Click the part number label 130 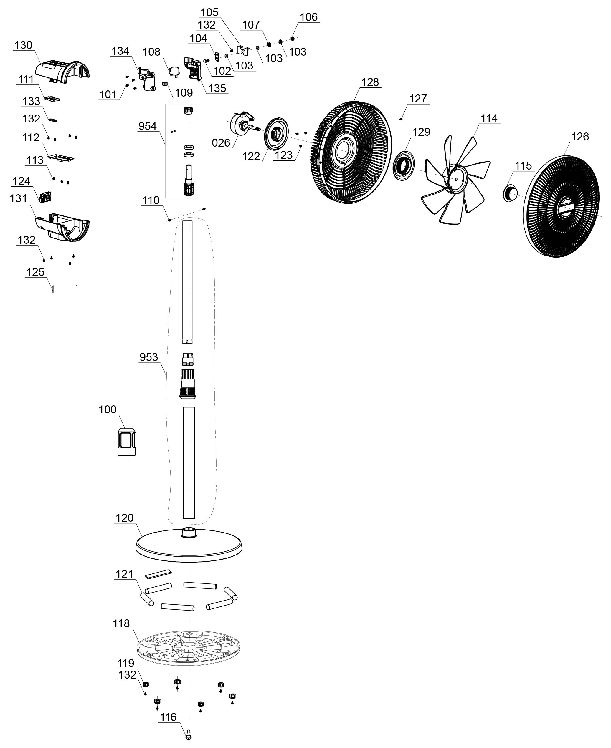click(x=23, y=45)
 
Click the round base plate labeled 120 click(x=189, y=545)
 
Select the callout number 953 click(x=148, y=357)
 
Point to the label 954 click(x=148, y=126)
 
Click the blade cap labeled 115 click(x=509, y=193)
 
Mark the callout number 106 click(x=309, y=17)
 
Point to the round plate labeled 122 click(x=276, y=133)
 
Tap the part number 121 click(x=124, y=574)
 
